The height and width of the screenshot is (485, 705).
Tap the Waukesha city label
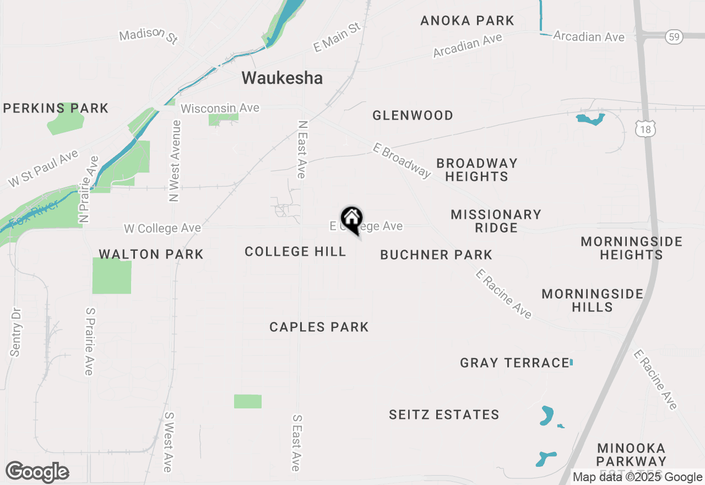tap(282, 78)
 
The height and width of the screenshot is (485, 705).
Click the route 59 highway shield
tap(674, 37)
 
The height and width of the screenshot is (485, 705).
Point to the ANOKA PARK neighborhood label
tap(467, 21)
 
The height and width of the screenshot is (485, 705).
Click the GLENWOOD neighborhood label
tap(413, 115)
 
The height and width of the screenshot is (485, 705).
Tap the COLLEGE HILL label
tap(295, 252)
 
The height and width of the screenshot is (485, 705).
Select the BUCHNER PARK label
tap(436, 255)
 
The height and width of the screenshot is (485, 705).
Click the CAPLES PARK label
tap(319, 327)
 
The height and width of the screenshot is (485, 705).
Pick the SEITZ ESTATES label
tap(444, 414)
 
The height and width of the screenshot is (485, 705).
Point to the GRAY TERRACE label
tap(514, 363)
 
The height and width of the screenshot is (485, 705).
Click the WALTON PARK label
tap(151, 254)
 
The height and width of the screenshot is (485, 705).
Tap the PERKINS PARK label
tap(56, 108)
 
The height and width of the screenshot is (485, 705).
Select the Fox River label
tap(34, 215)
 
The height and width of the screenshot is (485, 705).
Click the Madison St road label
tap(149, 36)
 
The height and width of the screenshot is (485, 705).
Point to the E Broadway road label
tap(402, 160)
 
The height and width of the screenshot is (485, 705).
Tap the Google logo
tap(37, 472)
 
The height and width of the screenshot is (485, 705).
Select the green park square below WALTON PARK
tap(112, 276)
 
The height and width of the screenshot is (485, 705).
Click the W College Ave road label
tap(162, 228)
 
